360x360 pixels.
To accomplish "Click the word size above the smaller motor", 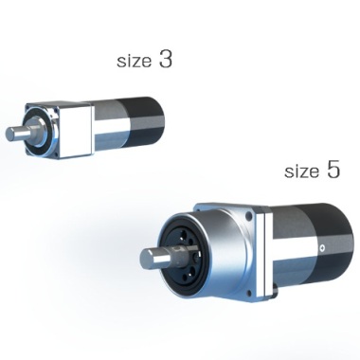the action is click(x=134, y=61).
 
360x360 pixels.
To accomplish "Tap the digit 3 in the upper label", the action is click(x=166, y=59).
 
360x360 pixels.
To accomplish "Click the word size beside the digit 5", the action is click(x=301, y=171).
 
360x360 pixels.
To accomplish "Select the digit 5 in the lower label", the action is click(x=333, y=169).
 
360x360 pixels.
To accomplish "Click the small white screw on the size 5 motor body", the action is click(x=322, y=248).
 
